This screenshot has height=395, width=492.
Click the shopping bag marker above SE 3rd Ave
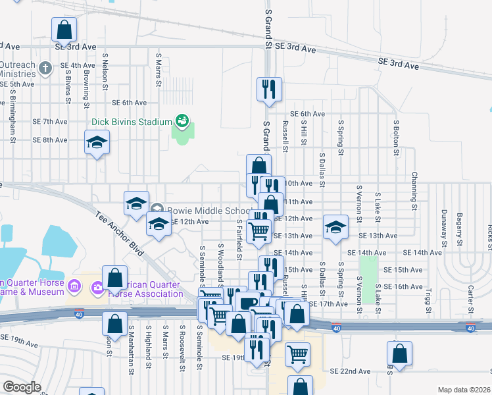(x=64, y=30)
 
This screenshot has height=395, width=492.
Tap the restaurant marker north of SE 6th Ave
(x=269, y=90)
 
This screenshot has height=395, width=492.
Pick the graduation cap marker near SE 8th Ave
(x=97, y=143)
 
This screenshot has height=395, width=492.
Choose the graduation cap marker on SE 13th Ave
(x=335, y=228)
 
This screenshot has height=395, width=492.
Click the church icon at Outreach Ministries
(x=45, y=68)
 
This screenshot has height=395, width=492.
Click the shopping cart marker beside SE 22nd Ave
(x=298, y=355)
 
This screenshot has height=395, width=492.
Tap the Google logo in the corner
(x=22, y=387)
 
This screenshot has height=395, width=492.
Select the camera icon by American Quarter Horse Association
(x=98, y=287)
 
